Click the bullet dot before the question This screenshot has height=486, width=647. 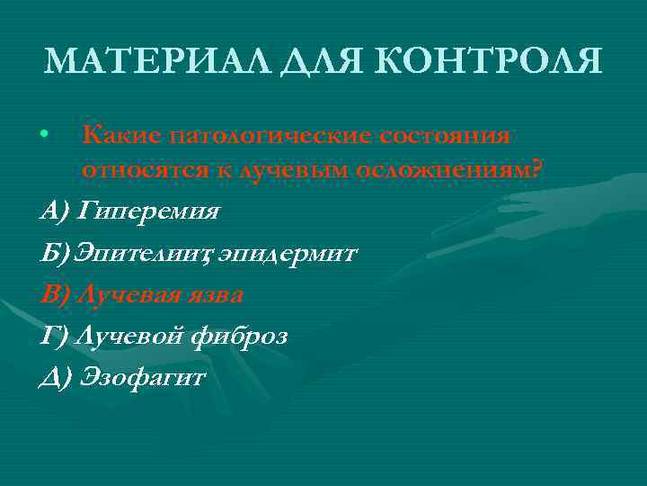coord(44,136)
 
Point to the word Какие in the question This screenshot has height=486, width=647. coord(119,135)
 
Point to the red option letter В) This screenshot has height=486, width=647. coord(55,294)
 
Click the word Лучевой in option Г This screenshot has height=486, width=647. coord(131,337)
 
